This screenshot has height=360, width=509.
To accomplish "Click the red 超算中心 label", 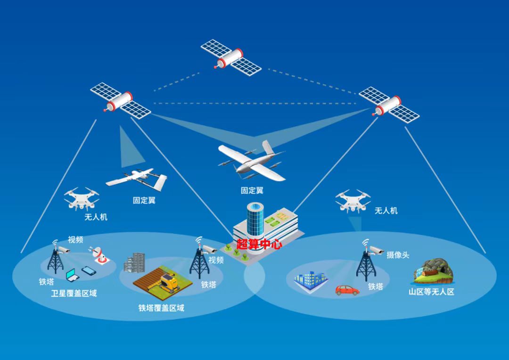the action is click(x=259, y=244).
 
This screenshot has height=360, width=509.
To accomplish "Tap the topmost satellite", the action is click(x=231, y=58).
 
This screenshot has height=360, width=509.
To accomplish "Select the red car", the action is click(x=347, y=290).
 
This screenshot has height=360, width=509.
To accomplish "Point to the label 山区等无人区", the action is click(x=431, y=292).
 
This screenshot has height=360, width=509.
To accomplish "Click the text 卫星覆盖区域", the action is click(x=74, y=294).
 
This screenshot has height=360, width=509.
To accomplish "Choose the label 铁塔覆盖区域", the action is click(x=161, y=308).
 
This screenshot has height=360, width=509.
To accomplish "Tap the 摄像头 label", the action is click(x=398, y=255).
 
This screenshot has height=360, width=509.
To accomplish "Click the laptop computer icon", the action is click(x=73, y=275).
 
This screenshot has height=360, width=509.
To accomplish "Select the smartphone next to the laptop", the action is click(x=89, y=270).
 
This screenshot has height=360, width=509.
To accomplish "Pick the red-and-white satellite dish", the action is click(x=99, y=254).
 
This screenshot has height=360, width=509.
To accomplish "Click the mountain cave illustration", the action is click(x=433, y=271).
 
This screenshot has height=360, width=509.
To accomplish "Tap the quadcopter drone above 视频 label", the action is click(x=82, y=198).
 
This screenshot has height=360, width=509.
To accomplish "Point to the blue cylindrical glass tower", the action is click(x=255, y=219).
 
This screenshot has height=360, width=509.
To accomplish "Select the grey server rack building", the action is click(x=134, y=262).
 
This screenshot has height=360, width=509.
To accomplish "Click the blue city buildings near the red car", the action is click(x=311, y=280).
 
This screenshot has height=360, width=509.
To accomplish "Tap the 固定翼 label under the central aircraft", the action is click(x=252, y=190).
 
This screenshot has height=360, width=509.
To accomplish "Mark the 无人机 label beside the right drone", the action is click(x=386, y=211).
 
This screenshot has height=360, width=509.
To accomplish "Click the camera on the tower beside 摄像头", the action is click(x=377, y=250).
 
